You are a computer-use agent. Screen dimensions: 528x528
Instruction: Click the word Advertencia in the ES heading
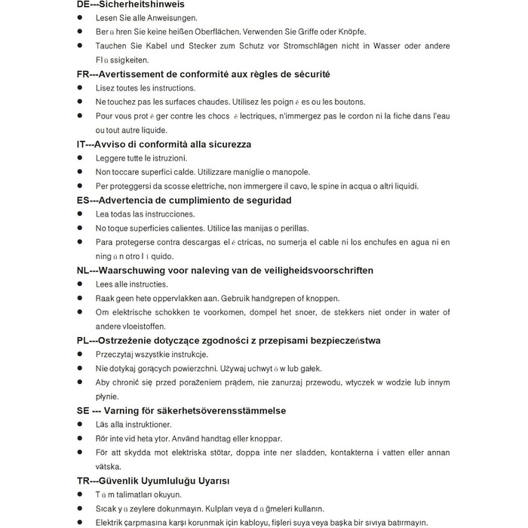click(138, 200)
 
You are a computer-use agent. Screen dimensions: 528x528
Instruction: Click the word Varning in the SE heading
click(130, 410)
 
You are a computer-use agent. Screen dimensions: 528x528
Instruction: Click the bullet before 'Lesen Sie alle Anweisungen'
click(81, 18)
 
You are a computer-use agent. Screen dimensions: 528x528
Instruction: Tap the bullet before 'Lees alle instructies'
click(81, 284)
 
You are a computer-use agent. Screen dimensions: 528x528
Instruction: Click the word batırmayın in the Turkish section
click(402, 522)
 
